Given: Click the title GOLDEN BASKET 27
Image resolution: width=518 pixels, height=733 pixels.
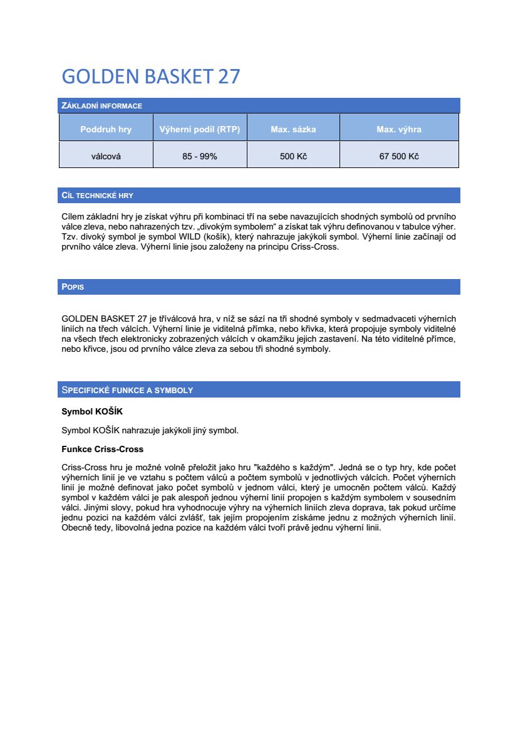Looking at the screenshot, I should tap(151, 76).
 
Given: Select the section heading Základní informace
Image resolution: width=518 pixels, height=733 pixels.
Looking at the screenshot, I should tap(101, 105).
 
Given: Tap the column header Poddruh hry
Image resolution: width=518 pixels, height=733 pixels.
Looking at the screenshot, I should tap(106, 130).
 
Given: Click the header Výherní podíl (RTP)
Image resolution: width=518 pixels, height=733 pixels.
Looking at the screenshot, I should tap(200, 130).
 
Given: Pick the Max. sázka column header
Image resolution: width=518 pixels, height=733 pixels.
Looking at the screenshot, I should tap(293, 130).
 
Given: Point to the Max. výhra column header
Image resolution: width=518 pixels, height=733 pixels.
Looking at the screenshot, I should tap(399, 130).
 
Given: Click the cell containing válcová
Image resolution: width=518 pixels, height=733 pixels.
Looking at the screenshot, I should tap(106, 156).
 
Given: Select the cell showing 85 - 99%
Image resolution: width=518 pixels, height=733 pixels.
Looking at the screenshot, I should tap(200, 156).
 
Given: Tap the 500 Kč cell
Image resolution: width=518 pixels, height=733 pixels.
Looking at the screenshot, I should tap(293, 156).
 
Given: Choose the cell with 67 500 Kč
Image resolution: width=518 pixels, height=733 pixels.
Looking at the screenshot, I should tap(399, 156).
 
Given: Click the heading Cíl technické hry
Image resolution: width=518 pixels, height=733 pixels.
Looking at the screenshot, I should tap(97, 196).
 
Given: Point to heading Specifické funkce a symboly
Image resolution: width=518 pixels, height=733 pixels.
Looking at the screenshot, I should tap(127, 390).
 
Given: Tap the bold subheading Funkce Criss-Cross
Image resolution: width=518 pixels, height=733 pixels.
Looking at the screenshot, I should tap(102, 449).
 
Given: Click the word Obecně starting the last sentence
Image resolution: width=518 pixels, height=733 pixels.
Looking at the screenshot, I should tap(77, 528).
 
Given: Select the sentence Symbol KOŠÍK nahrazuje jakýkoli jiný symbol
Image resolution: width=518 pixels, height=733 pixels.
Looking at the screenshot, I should tap(150, 430).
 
